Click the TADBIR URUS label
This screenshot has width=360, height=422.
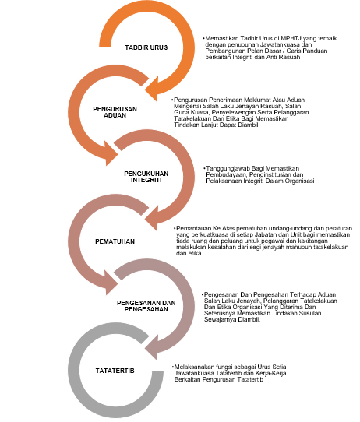pos(146,47)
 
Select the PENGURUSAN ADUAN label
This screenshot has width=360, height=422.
pos(115,112)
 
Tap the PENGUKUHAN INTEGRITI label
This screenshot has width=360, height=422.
pos(146,177)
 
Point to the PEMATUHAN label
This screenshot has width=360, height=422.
pos(115,241)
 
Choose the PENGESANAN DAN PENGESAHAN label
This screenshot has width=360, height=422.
pos(146,306)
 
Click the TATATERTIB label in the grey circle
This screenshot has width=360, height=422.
pos(115,371)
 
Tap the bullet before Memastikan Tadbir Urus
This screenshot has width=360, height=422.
pos(203,38)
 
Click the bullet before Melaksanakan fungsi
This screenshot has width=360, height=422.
pos(172,367)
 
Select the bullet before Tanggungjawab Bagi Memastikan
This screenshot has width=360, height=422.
pos(204,168)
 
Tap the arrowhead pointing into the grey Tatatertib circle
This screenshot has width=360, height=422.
pos(152,346)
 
